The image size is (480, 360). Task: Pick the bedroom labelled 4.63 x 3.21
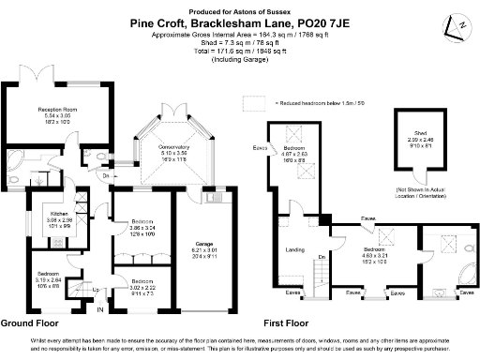click(375, 255)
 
